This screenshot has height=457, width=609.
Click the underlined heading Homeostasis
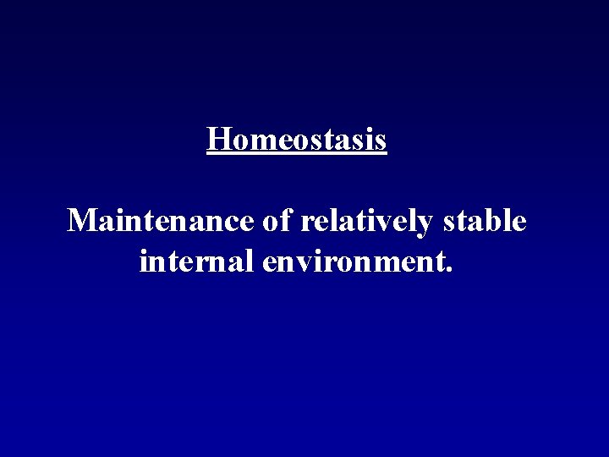[x=297, y=139]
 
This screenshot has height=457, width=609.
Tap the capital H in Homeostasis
[x=217, y=139]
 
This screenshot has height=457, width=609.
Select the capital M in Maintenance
[x=82, y=222]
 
